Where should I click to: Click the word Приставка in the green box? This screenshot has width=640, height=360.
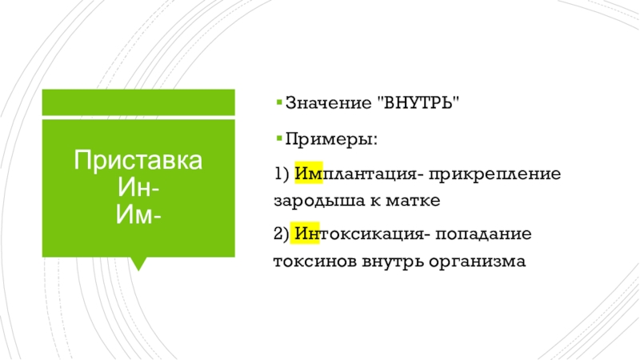coord(138,160)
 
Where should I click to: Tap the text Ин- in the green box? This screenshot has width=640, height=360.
coord(138,187)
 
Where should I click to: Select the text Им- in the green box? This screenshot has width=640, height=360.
coord(138,214)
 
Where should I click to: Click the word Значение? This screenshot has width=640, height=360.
coord(329,102)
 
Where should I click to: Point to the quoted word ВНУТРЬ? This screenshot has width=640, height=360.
coord(422,102)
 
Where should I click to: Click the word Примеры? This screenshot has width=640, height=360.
coord(331,139)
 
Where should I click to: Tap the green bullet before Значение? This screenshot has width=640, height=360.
coord(279,102)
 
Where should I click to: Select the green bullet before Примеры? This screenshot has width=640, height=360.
coord(279,138)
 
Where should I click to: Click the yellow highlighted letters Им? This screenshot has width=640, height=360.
coord(309,173)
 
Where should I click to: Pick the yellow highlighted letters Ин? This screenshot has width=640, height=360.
coord(305,233)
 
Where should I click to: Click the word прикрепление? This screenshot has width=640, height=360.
coord(494,174)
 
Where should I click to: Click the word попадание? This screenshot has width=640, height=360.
coord(484,234)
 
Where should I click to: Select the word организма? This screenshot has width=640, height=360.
coord(477,262)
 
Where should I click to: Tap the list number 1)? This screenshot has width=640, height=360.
coord(282,174)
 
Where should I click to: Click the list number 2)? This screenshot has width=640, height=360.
coord(282,234)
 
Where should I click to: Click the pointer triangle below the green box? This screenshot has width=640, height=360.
coord(138,263)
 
